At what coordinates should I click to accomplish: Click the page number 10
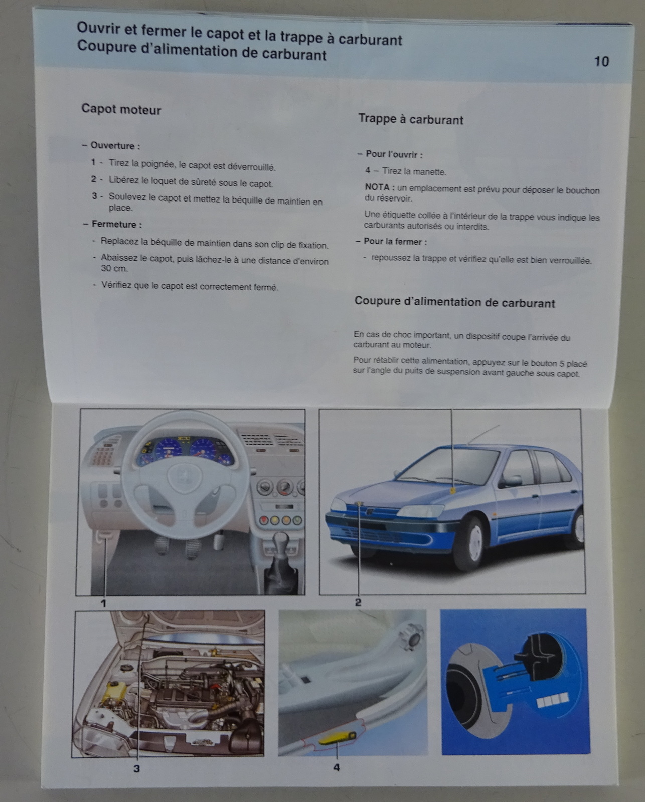tap(601, 61)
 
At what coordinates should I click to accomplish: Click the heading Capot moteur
tap(121, 110)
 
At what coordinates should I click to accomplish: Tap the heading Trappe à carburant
tap(411, 119)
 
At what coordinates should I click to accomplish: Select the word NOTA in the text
tap(377, 187)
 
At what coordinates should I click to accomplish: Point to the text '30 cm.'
tap(114, 268)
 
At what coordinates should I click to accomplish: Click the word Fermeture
tap(114, 224)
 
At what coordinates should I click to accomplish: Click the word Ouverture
tap(112, 145)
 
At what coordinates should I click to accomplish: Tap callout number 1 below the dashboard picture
tap(104, 603)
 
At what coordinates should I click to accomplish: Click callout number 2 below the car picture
tap(358, 602)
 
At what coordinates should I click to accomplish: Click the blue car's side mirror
tap(510, 481)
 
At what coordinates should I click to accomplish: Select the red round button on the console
tap(264, 520)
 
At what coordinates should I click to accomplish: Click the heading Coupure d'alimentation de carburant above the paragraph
tap(455, 302)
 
